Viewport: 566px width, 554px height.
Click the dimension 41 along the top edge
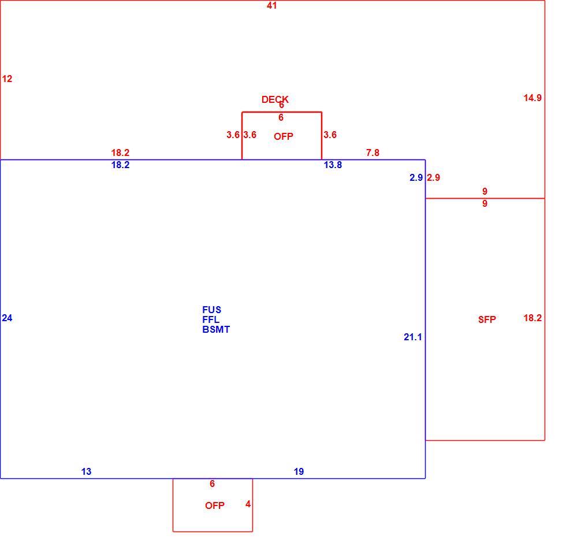[272, 5]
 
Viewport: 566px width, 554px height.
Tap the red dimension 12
[7, 79]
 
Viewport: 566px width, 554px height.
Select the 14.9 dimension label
[533, 98]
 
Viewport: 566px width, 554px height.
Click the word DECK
[275, 99]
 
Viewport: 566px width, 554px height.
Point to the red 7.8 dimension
[373, 153]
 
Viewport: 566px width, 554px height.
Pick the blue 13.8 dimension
[333, 165]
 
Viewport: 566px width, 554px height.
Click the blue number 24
[7, 318]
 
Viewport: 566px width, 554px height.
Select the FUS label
[211, 310]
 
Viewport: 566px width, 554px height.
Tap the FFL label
[211, 319]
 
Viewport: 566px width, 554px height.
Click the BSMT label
[216, 329]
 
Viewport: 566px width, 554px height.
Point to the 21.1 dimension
[412, 337]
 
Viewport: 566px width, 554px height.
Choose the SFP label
[487, 319]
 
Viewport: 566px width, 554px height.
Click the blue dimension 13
[86, 471]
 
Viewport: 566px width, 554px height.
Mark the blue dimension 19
[299, 471]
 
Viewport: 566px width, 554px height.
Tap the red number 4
[248, 504]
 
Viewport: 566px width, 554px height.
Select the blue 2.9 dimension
[416, 178]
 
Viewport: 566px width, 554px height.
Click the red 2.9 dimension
[434, 178]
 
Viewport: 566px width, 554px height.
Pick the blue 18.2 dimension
[120, 165]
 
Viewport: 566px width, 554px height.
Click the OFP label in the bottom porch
[215, 505]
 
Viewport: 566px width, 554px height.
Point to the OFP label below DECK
[284, 136]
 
